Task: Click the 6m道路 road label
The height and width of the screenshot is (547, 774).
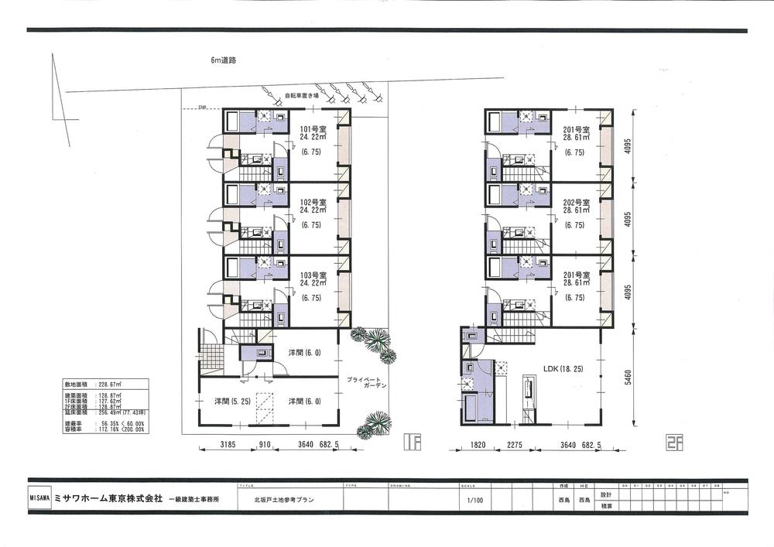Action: pos(223,60)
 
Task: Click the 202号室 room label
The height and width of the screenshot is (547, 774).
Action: pos(577,202)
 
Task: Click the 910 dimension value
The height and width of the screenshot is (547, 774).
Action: pos(265,445)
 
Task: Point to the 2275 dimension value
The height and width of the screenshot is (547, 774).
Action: pos(517,445)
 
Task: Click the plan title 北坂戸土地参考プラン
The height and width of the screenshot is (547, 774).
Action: pos(283,501)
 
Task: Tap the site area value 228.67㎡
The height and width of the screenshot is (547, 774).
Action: pos(117,383)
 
